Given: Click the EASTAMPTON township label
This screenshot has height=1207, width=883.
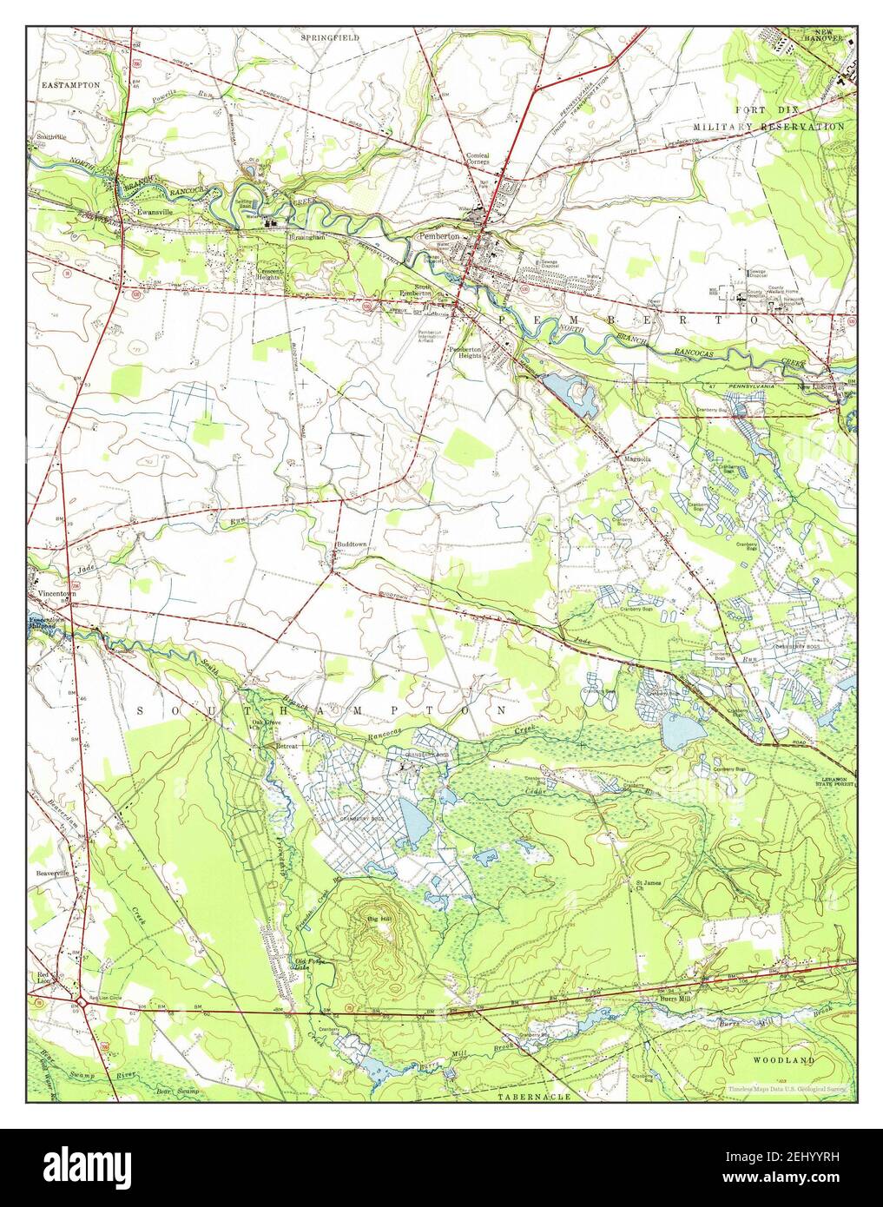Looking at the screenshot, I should [x=69, y=85].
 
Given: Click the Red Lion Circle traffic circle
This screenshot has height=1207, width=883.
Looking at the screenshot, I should [x=79, y=1001].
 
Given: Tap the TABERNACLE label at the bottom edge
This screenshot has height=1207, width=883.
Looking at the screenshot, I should [x=535, y=1097].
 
